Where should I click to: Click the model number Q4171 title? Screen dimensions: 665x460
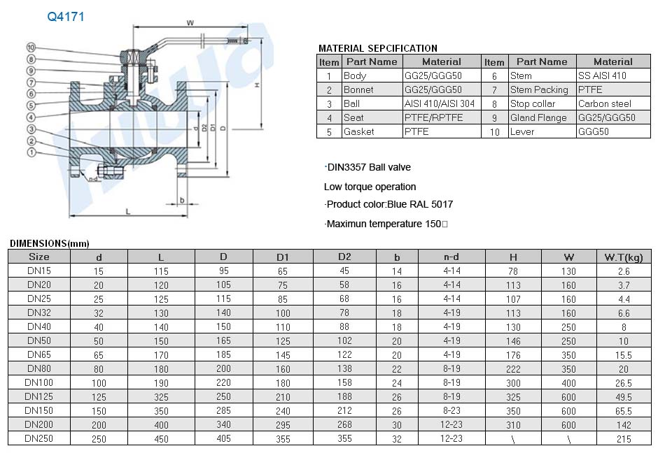click(x=66, y=17)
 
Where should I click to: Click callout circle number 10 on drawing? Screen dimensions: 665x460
click(x=31, y=47)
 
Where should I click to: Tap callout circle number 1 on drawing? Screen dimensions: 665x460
click(x=31, y=152)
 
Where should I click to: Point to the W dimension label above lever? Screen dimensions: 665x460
click(x=190, y=22)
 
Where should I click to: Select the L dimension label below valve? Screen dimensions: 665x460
click(x=128, y=212)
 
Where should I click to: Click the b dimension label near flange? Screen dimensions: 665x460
click(x=182, y=200)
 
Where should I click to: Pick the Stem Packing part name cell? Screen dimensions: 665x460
click(x=539, y=89)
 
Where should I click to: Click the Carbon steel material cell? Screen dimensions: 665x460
click(x=604, y=103)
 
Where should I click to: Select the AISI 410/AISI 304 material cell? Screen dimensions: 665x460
click(x=440, y=103)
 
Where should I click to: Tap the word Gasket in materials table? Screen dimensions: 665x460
click(x=359, y=131)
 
